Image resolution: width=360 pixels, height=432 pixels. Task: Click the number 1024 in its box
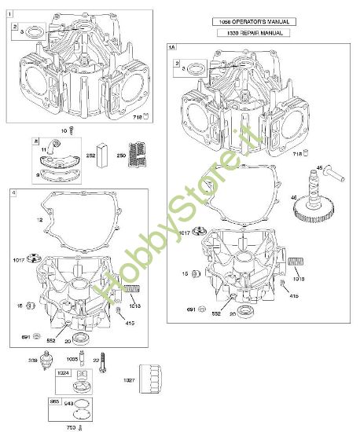pos(64,375)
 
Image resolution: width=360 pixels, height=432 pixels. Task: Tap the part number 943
pos(68,405)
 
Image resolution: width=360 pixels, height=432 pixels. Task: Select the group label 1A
pos(173,48)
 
